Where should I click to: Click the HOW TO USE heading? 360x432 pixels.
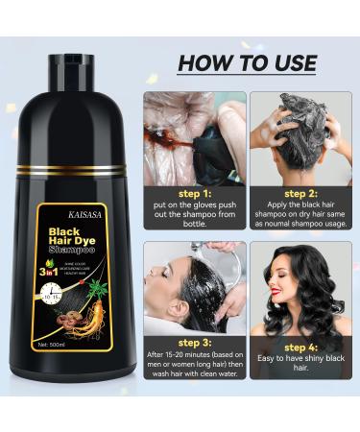pyautogui.click(x=248, y=63)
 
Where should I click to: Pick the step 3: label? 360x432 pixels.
pyautogui.click(x=185, y=343)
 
